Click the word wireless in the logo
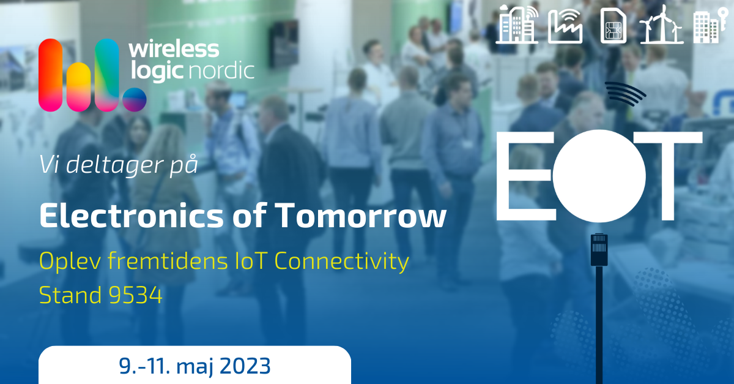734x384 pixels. pyautogui.click(x=174, y=50)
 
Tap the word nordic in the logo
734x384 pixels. pyautogui.click(x=222, y=70)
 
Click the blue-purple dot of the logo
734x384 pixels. pyautogui.click(x=135, y=99)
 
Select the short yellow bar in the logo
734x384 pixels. pyautogui.click(x=79, y=87)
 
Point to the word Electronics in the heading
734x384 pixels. pyautogui.click(x=132, y=216)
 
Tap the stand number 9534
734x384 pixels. pyautogui.click(x=135, y=295)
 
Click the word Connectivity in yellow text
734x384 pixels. pyautogui.click(x=341, y=262)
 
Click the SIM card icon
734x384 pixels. pyautogui.click(x=614, y=26)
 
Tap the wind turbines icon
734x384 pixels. pyautogui.click(x=662, y=25)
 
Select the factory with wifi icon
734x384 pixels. pyautogui.click(x=565, y=26)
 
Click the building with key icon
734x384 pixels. pyautogui.click(x=710, y=26)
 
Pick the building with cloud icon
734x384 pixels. pyautogui.click(x=517, y=25)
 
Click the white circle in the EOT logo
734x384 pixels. pyautogui.click(x=599, y=176)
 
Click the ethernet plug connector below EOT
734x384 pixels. pyautogui.click(x=599, y=249)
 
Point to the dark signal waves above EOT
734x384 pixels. pyautogui.click(x=625, y=94)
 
